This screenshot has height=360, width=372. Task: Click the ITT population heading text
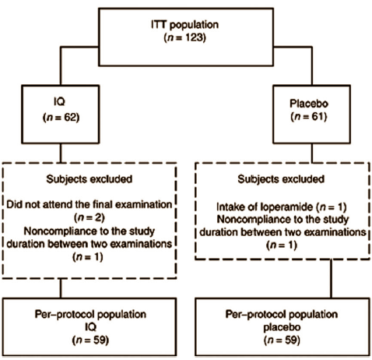pos(185,25)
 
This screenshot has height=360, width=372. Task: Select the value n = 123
pos(185,37)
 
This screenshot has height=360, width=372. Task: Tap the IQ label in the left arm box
pos(59,101)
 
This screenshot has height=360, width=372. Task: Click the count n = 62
pos(61,117)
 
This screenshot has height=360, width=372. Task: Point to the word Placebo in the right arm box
pos(309,104)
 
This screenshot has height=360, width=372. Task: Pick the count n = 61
pos(309,116)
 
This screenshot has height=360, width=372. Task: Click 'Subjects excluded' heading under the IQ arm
pos(89,179)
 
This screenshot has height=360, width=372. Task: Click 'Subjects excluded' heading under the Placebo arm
pos(281,179)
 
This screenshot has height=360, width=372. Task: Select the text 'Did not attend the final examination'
pos(89,205)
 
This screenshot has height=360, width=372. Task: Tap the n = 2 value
pos(89,217)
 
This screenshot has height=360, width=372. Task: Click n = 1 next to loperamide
pos(332,207)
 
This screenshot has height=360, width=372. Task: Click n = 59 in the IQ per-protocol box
pos(90,340)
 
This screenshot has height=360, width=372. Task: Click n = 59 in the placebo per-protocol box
pos(282,340)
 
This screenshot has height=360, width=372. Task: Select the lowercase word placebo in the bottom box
pos(282,327)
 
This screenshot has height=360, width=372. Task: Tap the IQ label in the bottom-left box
pos(91,326)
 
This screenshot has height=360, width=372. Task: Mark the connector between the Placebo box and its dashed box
pos(311,154)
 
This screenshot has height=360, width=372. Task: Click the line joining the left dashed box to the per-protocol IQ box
pos(61,288)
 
